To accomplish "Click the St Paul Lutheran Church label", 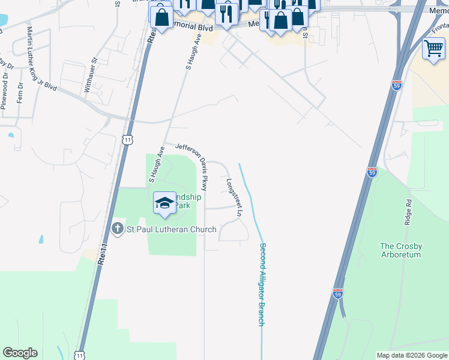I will pos(163,229).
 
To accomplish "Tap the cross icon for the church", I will pos(118,229).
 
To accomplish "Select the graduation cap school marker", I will pos(164,203).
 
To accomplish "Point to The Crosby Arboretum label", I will pos(401,250).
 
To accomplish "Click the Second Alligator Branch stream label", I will pos(261,284).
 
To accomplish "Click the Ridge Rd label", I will pos(408,212).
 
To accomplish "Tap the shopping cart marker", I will pos(433,49).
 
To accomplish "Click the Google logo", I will pos(20,353).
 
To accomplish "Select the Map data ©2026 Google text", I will pos(412,355).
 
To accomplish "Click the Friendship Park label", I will pos(186,201).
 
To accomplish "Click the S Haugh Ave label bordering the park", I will pos(156,164).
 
